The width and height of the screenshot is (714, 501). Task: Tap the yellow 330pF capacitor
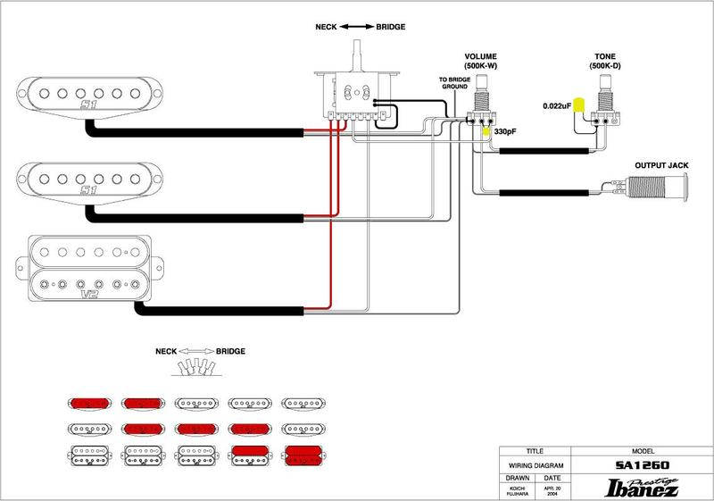coord(486,130)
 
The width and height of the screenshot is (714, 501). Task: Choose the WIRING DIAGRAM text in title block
coord(535,465)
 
